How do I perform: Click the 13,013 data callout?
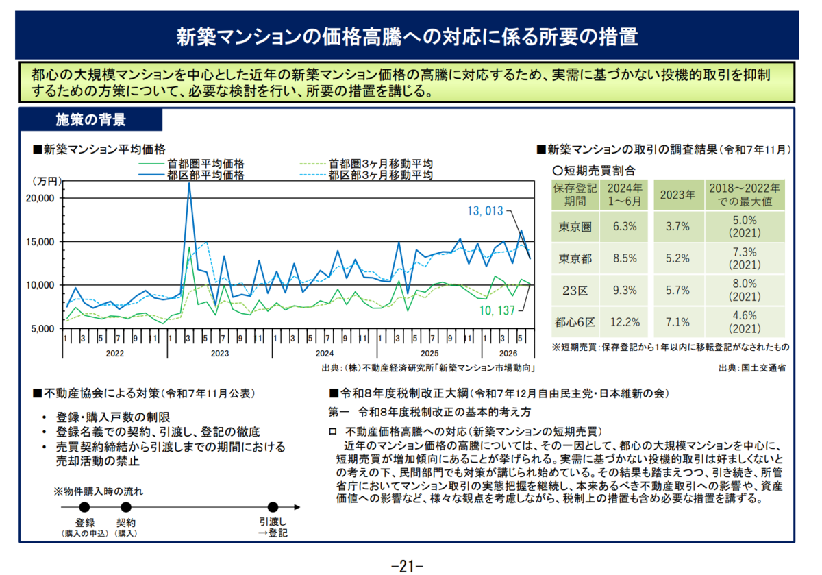point(485,211)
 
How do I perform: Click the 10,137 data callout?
point(497,310)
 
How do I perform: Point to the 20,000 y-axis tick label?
point(40,198)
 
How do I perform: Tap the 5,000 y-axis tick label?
point(42,329)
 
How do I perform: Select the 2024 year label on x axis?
point(325,353)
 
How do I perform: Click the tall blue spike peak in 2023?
point(189,183)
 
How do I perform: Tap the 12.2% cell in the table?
point(625,322)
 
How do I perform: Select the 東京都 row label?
point(575,258)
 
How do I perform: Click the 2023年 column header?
point(677,195)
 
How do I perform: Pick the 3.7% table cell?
point(677,226)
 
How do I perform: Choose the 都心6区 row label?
point(575,322)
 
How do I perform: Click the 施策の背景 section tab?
point(91,120)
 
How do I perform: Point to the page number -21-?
point(408,566)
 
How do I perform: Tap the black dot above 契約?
point(126,507)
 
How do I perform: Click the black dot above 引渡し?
point(273,507)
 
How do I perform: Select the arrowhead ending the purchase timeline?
point(297,507)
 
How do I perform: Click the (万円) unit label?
point(47,181)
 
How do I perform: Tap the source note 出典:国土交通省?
point(752,368)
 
